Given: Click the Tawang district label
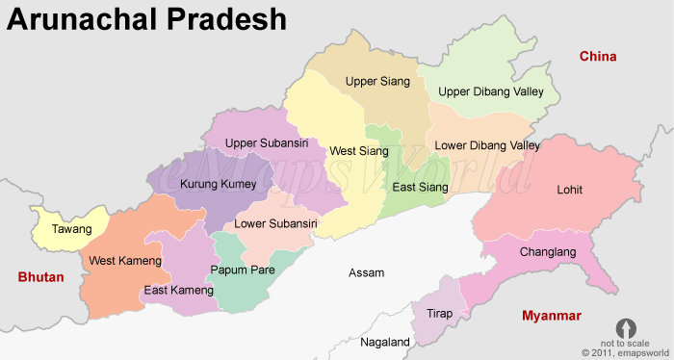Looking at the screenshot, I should [x=72, y=229].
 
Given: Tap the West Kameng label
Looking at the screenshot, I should [x=125, y=261].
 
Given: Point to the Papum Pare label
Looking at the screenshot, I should [x=243, y=270].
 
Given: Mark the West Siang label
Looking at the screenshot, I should [x=359, y=151].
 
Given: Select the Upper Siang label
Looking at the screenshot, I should [x=377, y=82].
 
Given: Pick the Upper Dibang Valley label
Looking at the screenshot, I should [x=491, y=91].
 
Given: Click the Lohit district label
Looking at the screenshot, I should [x=569, y=190].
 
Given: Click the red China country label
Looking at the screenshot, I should [x=597, y=57].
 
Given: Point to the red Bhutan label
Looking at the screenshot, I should [x=40, y=277].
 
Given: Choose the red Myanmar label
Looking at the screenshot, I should [x=551, y=316].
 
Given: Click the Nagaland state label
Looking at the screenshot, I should [x=385, y=342].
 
